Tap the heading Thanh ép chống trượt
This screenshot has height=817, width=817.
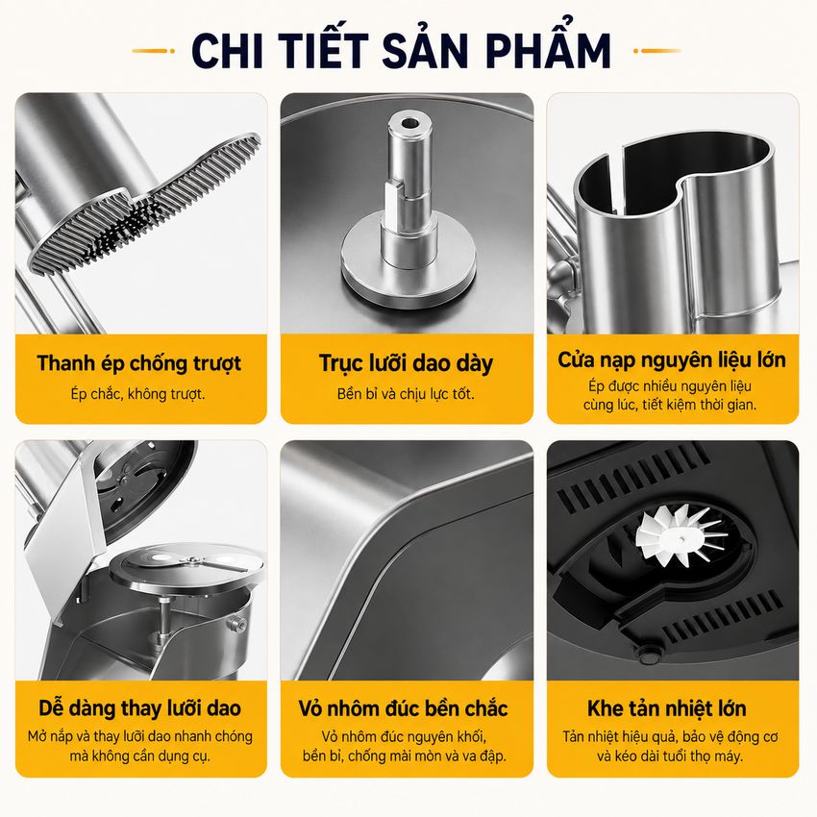139,363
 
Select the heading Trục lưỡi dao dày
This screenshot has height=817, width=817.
406,363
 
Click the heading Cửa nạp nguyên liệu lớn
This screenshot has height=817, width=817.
672,360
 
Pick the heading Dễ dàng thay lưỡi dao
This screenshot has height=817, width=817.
139,708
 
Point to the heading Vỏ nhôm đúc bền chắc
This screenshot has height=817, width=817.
404,708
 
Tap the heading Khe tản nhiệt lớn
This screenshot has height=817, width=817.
667,708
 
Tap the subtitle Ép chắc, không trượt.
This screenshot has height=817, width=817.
138,394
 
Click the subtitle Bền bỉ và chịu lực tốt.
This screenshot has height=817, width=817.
406,394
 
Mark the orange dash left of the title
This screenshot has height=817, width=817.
153,51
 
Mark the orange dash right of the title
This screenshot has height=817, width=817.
657,51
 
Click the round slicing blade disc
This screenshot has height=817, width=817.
186,565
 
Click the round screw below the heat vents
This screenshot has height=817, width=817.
648,655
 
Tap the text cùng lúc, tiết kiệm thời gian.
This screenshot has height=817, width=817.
670,405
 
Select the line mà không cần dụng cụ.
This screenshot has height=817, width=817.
140,756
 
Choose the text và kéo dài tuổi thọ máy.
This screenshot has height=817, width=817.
670,756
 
